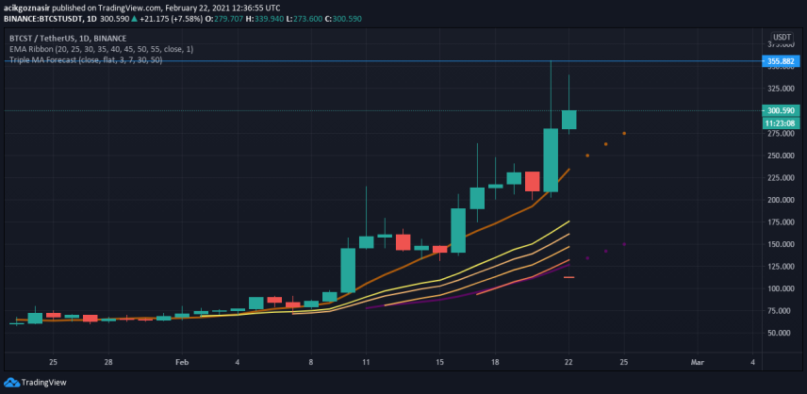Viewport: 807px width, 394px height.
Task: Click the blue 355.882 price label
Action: [781, 61]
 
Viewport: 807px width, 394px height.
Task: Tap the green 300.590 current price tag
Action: [781, 110]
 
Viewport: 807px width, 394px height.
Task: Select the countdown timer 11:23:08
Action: [781, 123]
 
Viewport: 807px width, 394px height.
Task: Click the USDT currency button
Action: [782, 37]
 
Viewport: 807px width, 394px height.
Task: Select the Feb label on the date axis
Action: [182, 362]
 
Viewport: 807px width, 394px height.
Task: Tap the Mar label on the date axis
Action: [697, 362]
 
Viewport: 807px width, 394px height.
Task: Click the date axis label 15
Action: [439, 362]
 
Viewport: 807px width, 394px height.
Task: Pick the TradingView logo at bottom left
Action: [35, 382]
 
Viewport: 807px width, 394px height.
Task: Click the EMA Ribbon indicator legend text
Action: [102, 49]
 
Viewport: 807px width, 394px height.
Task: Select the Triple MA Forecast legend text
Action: [86, 60]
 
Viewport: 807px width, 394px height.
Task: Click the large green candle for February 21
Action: [551, 160]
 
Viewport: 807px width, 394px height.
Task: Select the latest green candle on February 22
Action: [568, 120]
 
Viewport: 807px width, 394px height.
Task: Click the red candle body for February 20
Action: [532, 182]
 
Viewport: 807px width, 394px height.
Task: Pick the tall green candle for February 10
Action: [348, 271]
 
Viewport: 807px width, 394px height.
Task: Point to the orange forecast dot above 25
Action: [624, 133]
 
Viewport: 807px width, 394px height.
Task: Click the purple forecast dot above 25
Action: [624, 244]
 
